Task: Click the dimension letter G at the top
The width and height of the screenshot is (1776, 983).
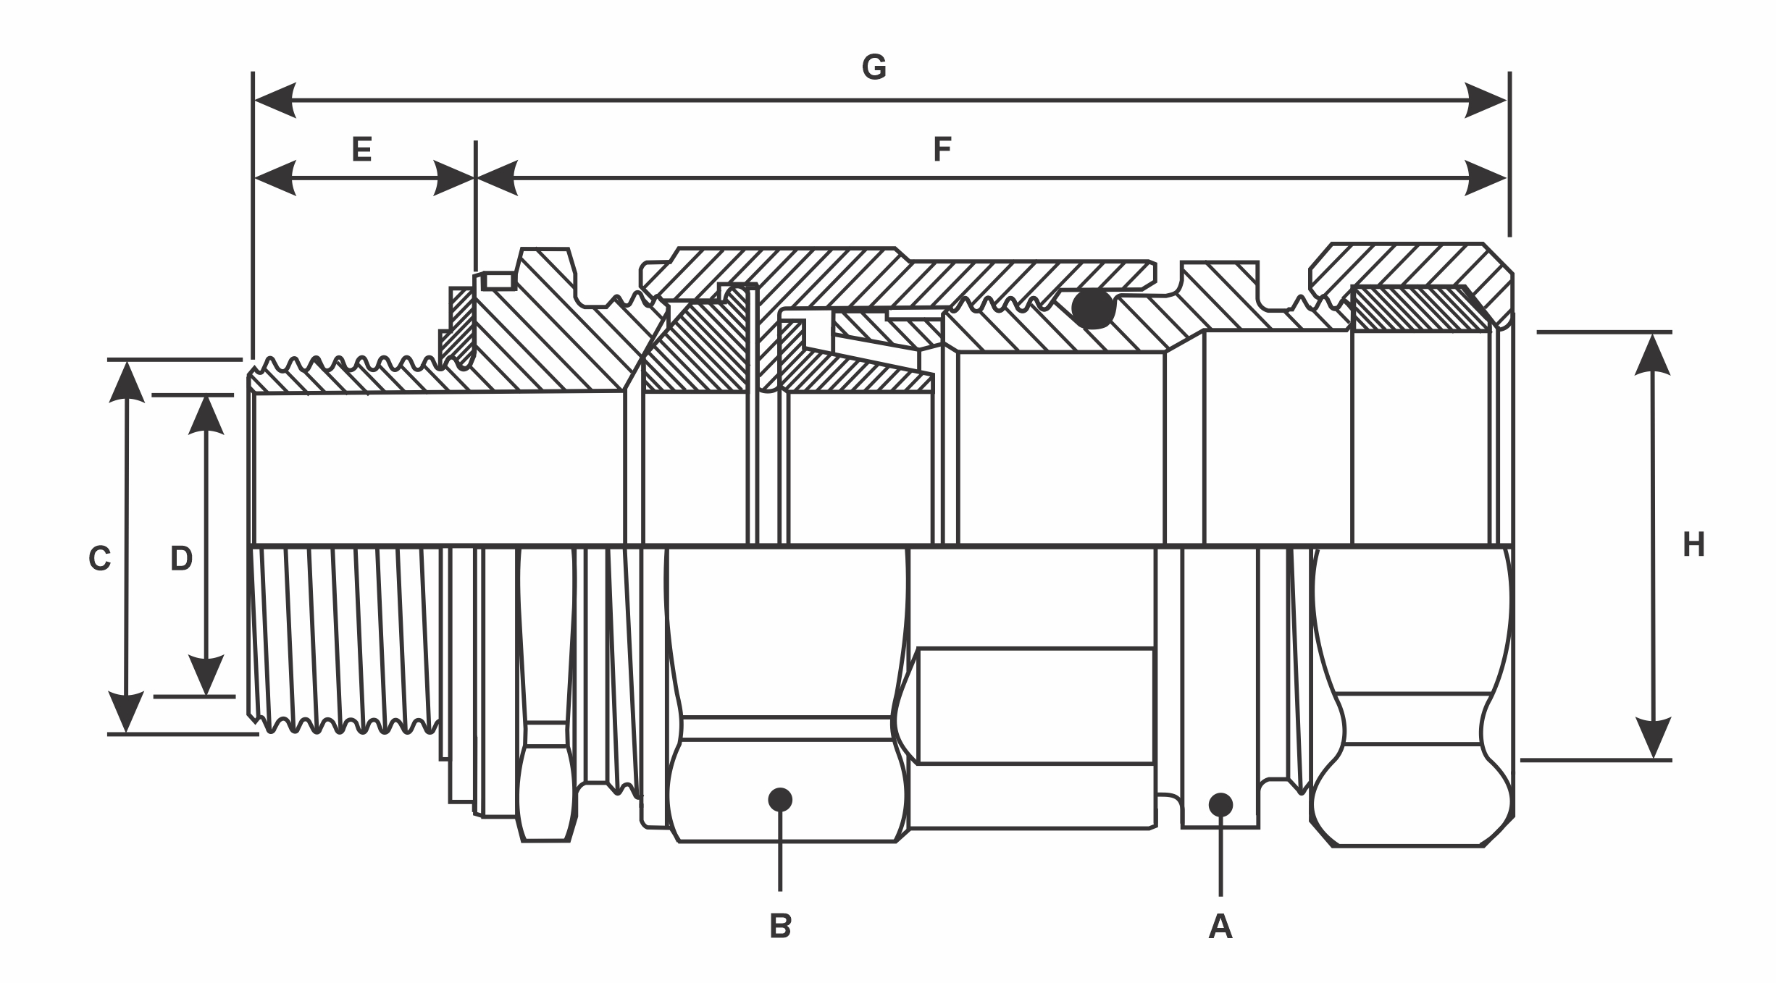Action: tap(874, 67)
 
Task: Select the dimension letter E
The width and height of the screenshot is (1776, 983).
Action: tap(361, 149)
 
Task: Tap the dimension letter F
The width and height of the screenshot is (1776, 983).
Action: tap(942, 149)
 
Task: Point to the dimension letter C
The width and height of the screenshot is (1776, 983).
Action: tap(100, 559)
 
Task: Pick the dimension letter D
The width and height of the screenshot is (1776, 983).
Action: tap(181, 559)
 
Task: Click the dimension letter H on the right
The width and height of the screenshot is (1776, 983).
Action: tap(1693, 545)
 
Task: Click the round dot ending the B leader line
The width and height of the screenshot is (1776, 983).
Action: tap(780, 799)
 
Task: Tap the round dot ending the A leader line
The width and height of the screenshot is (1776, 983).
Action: tap(1220, 804)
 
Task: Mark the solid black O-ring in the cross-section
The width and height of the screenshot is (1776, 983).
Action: tap(1094, 308)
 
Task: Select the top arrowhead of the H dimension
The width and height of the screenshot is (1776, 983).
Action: tap(1653, 354)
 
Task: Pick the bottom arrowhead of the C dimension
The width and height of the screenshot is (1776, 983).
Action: tap(126, 712)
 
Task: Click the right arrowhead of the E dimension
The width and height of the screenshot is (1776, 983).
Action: tap(453, 177)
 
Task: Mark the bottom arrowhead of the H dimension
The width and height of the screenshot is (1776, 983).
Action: tap(1653, 738)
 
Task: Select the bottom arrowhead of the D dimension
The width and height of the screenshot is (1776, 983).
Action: tap(206, 675)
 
